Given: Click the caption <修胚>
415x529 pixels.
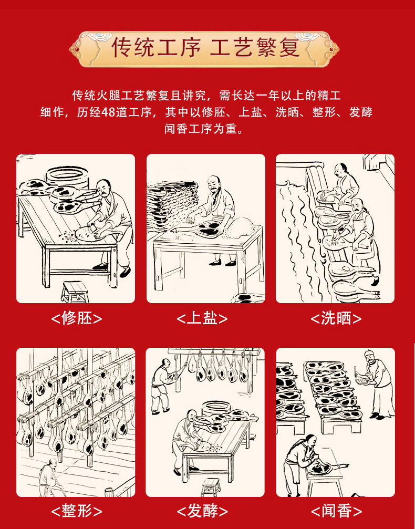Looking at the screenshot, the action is tap(76, 318).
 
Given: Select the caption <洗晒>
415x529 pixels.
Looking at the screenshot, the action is tap(336, 318).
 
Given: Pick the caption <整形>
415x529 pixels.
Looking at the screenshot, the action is tap(76, 511).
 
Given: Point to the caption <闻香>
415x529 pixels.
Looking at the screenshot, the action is tap(336, 511).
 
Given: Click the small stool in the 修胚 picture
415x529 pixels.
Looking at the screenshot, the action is tap(74, 291).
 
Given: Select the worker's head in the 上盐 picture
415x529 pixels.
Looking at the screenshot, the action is tap(213, 182).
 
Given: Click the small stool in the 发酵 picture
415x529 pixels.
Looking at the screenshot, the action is tap(210, 486).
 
